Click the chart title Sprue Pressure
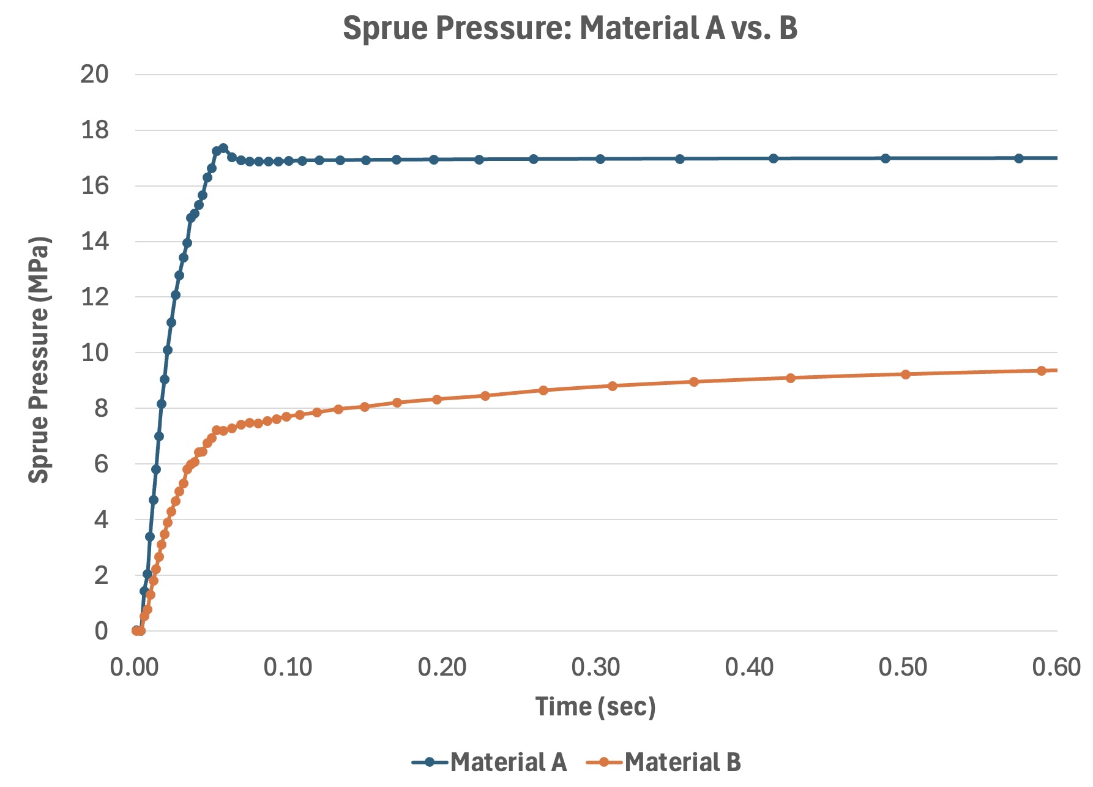(569, 28)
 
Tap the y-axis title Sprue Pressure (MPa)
(39, 360)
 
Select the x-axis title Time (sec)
(595, 707)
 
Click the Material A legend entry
(490, 763)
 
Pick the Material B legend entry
(664, 763)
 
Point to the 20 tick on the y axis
(94, 75)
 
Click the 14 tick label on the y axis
(94, 242)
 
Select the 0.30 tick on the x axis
(595, 667)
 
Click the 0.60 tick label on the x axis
(1056, 667)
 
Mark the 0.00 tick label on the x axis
(135, 667)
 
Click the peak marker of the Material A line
(223, 148)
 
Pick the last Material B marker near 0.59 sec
(1042, 371)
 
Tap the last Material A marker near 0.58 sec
(1019, 159)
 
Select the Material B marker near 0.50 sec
(906, 375)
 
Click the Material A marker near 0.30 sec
(600, 159)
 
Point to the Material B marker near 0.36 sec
(694, 382)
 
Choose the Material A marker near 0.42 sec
(774, 159)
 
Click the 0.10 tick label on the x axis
(288, 667)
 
